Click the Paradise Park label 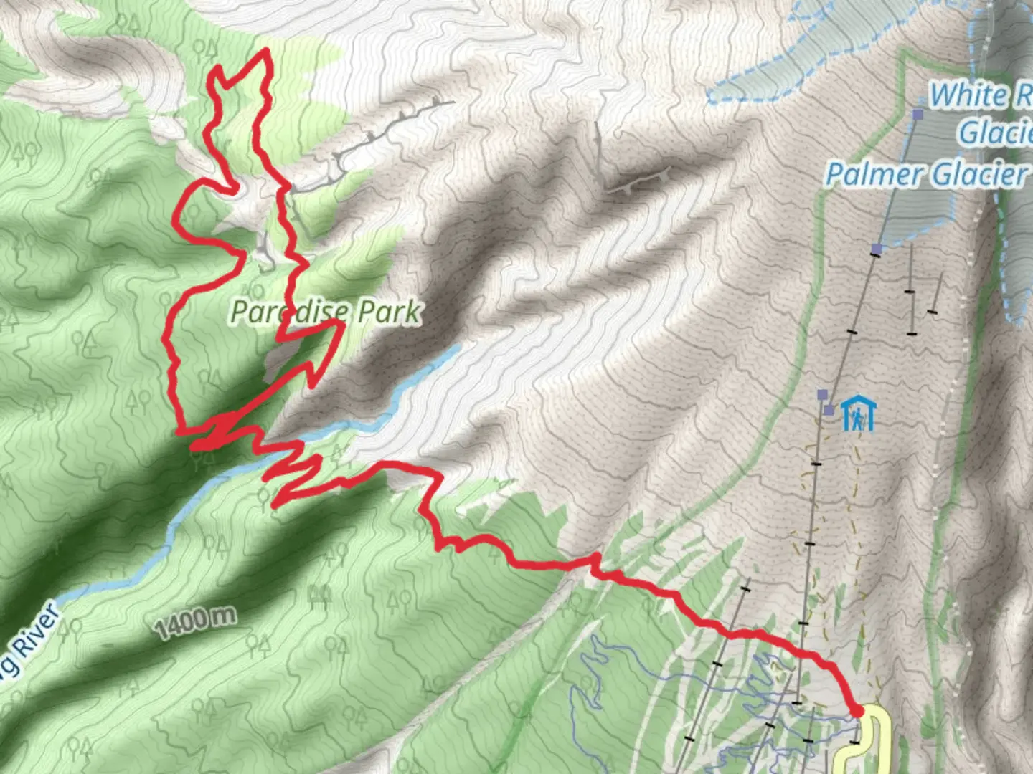click(326, 312)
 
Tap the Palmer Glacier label click(926, 174)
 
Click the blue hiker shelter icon click(859, 414)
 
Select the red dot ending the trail click(857, 711)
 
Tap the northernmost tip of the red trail click(267, 50)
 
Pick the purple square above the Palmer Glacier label click(918, 114)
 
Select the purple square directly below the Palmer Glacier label click(876, 249)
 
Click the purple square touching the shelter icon click(829, 410)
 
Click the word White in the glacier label click(968, 95)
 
